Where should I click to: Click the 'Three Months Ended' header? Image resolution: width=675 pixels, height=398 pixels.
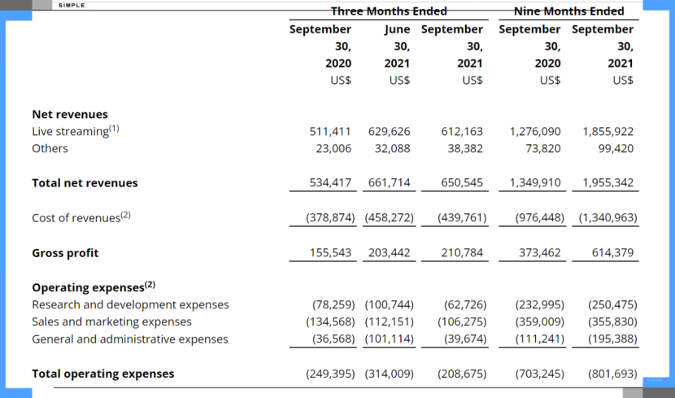[x=389, y=11]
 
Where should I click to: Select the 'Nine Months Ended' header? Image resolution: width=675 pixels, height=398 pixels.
[x=569, y=11]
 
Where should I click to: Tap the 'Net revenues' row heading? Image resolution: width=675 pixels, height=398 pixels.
[x=70, y=115]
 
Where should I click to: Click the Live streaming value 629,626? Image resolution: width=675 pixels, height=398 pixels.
[x=390, y=131]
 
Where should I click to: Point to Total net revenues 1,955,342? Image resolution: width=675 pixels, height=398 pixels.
[x=608, y=183]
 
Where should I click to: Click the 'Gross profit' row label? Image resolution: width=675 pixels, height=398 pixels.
[x=65, y=253]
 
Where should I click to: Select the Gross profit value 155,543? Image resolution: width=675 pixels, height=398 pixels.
[x=330, y=253]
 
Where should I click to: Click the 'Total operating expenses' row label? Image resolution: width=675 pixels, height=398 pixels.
[x=103, y=374]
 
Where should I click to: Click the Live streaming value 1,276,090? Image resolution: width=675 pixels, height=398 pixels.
[x=534, y=131]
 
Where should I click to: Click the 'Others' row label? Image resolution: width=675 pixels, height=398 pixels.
[x=50, y=149]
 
